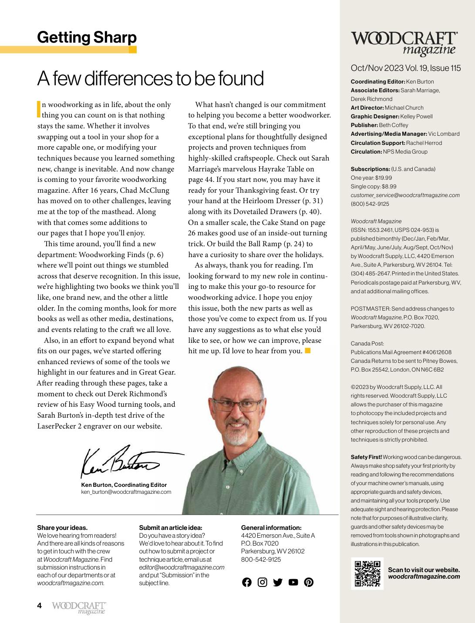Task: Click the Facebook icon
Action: (247, 582)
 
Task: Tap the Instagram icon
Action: (262, 582)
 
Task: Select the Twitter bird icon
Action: (278, 582)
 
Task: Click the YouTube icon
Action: (293, 582)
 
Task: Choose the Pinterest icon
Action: (309, 582)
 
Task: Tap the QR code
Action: (367, 573)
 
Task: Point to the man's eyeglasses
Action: (237, 405)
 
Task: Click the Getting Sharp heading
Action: (87, 37)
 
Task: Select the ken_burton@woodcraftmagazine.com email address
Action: (126, 492)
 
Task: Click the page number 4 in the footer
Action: (40, 606)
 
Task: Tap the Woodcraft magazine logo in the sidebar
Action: (404, 43)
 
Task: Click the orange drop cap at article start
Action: (39, 109)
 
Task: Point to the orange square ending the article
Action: (308, 351)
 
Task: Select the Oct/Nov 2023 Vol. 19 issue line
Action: (406, 68)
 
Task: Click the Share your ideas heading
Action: (62, 528)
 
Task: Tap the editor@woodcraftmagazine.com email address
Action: (182, 567)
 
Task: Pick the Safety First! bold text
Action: (366, 457)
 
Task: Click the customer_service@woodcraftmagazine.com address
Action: (405, 195)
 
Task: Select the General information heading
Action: (271, 528)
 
